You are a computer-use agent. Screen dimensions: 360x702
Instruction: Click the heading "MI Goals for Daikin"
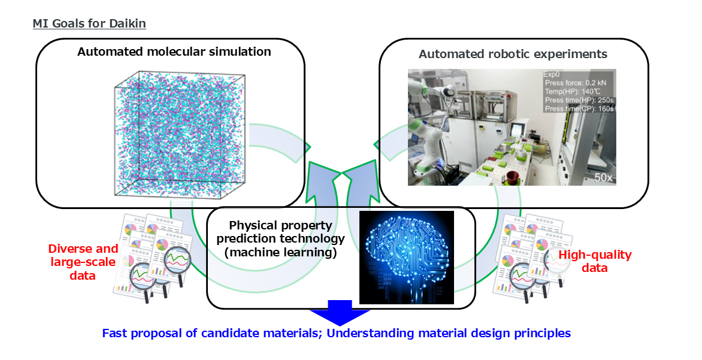pyautogui.click(x=89, y=24)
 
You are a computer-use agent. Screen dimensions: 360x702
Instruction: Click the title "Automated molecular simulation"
pyautogui.click(x=174, y=52)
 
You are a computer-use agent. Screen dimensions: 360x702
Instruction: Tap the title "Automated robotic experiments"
pyautogui.click(x=513, y=54)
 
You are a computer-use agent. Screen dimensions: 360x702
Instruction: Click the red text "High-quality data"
pyautogui.click(x=594, y=261)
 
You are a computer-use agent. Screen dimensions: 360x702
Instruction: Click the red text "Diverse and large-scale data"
pyautogui.click(x=83, y=261)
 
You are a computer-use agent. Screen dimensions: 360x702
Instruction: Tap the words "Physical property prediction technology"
pyautogui.click(x=280, y=232)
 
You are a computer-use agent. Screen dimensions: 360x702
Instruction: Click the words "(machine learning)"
pyautogui.click(x=280, y=253)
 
